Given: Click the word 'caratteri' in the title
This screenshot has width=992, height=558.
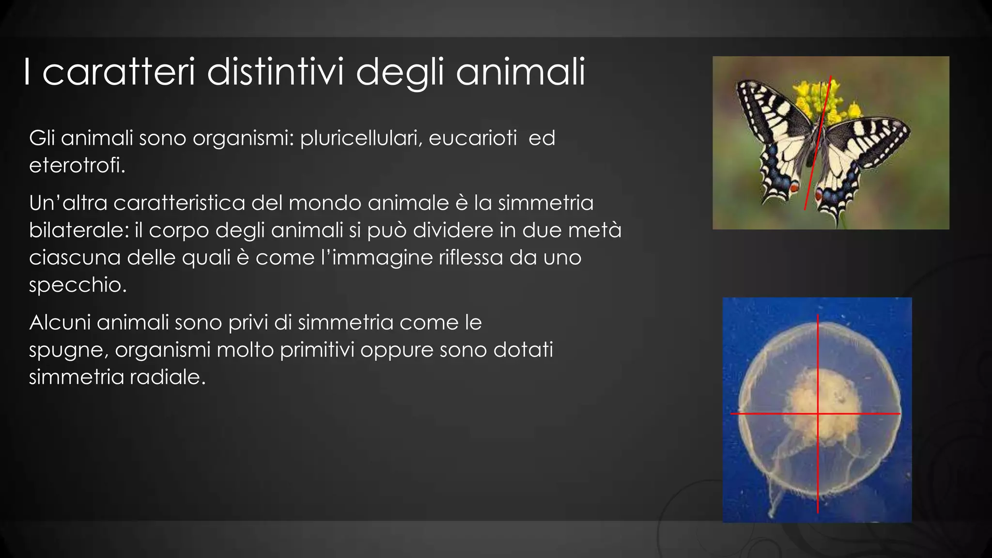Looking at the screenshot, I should coord(118,73).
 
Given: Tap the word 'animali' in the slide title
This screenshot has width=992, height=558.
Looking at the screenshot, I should coord(520,73).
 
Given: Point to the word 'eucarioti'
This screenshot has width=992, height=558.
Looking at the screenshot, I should coord(473,139).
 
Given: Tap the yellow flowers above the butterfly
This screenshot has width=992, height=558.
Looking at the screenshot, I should coord(823,99).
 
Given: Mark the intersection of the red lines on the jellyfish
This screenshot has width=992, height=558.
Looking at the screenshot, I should coord(818,414).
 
